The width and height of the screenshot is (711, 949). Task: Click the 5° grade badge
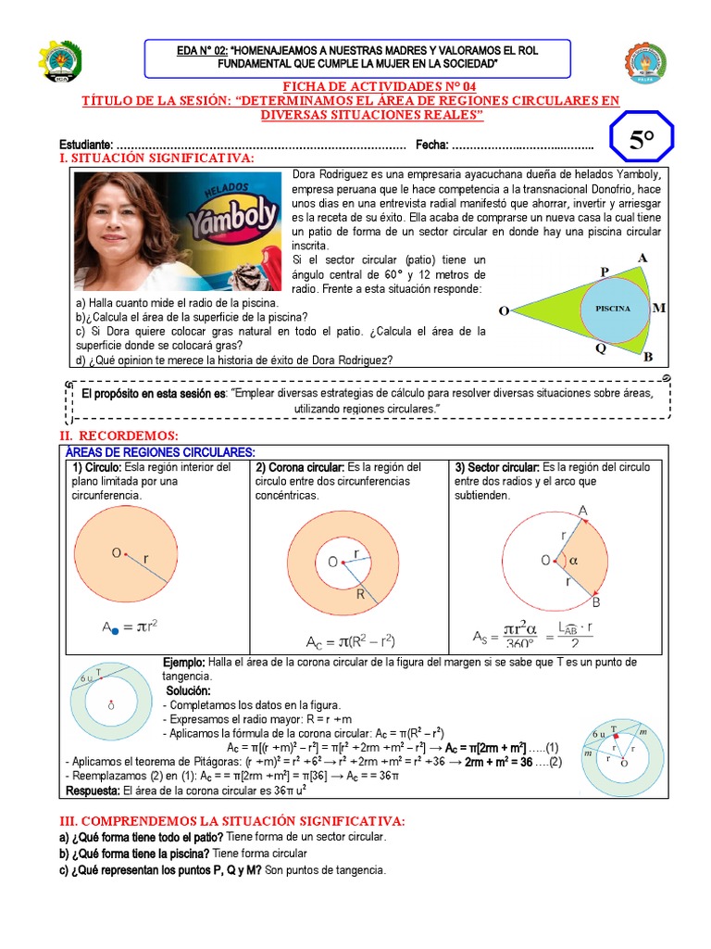[x=642, y=142]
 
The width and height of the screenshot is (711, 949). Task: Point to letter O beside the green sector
[x=504, y=311]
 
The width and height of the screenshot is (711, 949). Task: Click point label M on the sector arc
[x=658, y=308]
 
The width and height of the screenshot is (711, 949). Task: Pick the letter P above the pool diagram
[x=604, y=271]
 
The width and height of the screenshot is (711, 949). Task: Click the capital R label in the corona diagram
[x=360, y=595]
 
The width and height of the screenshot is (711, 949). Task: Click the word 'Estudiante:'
[x=86, y=145]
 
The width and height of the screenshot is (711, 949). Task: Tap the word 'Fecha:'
[x=431, y=145]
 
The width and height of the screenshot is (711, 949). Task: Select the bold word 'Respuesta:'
[x=97, y=791]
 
